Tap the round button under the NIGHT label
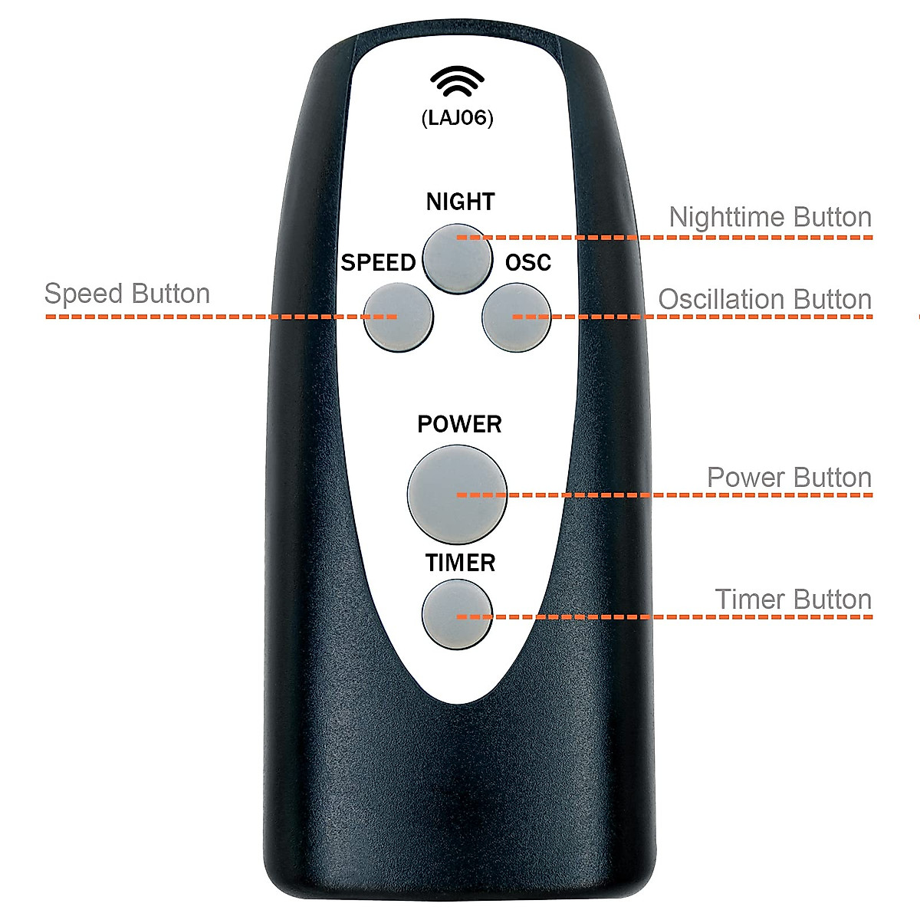tap(458, 257)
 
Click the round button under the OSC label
tap(517, 317)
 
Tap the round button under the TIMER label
tap(457, 614)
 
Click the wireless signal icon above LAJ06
tap(458, 83)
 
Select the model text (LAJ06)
tap(458, 119)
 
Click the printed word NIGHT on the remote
tap(460, 202)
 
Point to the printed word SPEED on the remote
tap(378, 263)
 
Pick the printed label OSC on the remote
tap(528, 263)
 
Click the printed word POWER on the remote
tap(459, 424)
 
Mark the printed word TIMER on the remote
tap(460, 563)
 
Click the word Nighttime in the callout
tap(728, 217)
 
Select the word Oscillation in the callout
tap(722, 300)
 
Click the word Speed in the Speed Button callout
tap(83, 294)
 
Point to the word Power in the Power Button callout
tap(741, 478)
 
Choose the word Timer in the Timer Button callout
tap(749, 599)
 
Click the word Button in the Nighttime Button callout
tap(833, 217)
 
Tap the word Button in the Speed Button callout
tap(170, 294)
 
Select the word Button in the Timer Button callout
tap(833, 599)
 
